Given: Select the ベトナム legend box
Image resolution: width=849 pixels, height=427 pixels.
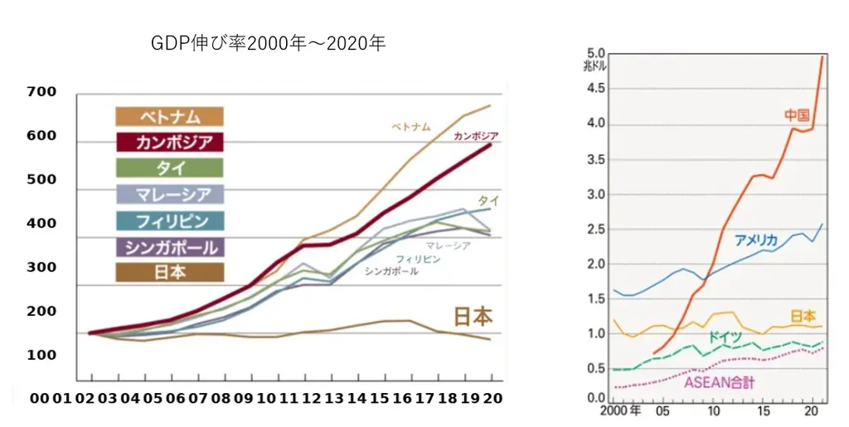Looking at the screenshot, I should point(170,117).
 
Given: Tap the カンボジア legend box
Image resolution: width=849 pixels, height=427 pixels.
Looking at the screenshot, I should point(170,143).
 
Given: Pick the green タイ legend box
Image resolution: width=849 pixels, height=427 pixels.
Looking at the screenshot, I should point(170,168).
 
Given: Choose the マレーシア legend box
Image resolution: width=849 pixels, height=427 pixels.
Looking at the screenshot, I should point(170,195).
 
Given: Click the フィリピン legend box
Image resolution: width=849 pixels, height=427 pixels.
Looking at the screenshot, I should point(170,221).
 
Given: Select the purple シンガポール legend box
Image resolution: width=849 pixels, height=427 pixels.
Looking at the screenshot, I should point(170,247).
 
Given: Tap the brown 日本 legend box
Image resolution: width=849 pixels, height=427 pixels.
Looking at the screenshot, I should point(170,273).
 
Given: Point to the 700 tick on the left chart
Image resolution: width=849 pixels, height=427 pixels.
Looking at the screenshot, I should point(41,92).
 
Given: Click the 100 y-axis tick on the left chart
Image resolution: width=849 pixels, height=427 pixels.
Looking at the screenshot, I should point(41,355).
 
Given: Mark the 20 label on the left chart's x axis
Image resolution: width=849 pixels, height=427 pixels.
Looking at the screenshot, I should point(492,398).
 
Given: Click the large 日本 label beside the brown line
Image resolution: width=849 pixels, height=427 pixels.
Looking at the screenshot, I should point(473,317).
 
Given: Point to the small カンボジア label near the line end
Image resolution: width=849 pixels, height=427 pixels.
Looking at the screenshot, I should point(476,136).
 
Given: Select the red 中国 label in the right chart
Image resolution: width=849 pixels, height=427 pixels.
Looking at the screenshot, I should point(797,115).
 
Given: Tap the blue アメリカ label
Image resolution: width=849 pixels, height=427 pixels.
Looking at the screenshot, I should point(756,240).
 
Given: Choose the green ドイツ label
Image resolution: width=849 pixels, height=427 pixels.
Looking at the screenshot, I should point(725,337).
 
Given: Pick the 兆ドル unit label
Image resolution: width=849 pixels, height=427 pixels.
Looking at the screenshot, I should point(596,66).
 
